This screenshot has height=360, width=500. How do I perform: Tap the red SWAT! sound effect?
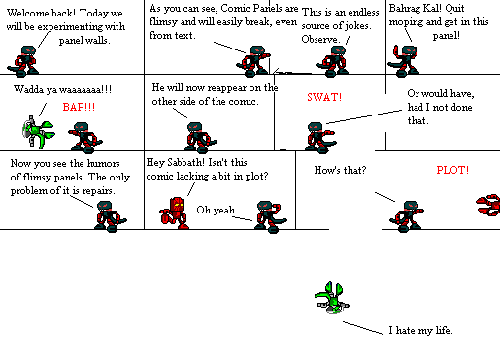click(323, 97)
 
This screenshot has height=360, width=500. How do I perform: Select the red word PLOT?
click(452, 171)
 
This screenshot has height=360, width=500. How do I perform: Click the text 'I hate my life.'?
click(420, 331)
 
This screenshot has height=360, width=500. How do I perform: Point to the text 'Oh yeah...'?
click(220, 209)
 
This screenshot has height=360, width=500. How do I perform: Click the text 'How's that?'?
click(340, 171)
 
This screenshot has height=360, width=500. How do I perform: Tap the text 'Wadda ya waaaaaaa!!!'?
click(62, 89)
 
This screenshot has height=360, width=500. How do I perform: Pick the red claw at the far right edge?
click(487, 204)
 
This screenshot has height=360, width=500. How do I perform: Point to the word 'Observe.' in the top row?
click(322, 39)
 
